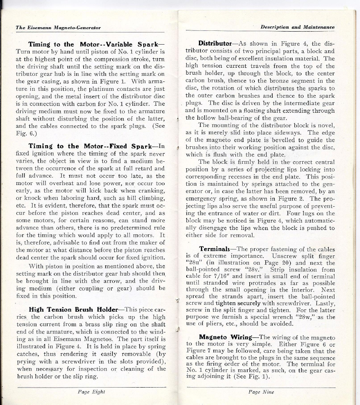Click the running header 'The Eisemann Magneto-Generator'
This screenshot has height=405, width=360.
[58, 28]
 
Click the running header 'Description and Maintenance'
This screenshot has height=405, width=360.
[297, 27]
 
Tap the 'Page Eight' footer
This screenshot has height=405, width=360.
[91, 392]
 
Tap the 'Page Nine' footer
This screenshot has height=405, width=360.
[261, 392]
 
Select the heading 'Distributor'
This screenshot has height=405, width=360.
[215, 43]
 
